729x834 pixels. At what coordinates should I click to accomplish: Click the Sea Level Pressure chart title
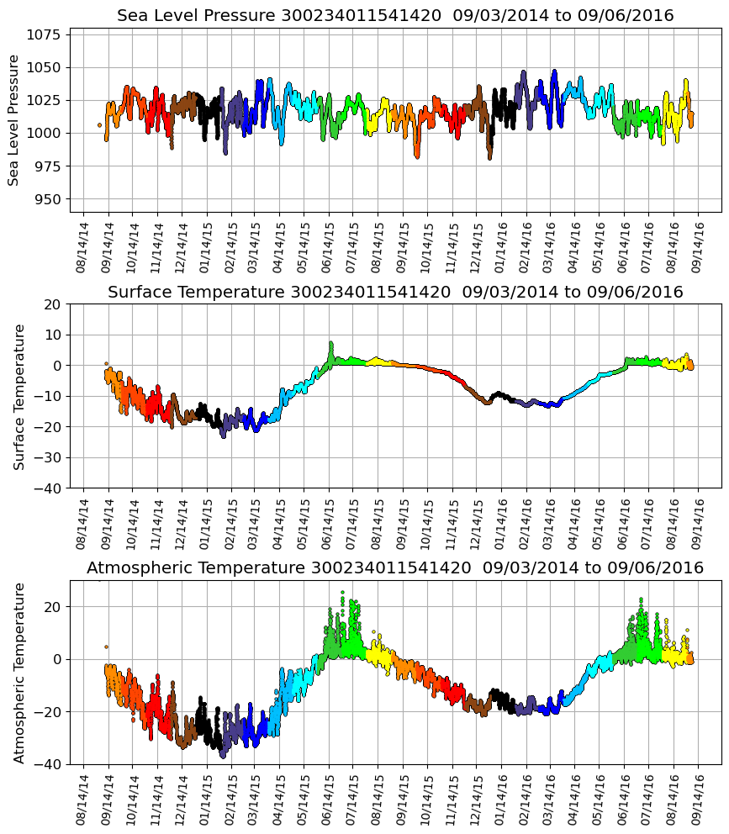(x=395, y=15)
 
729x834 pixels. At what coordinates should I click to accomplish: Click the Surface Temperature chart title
(x=395, y=292)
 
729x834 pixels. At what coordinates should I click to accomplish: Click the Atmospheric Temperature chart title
(x=395, y=568)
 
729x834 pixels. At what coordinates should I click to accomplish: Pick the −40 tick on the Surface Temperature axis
(x=50, y=488)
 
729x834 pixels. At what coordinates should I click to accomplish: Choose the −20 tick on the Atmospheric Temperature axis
(x=50, y=712)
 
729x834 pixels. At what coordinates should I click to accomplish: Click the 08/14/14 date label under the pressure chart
(x=82, y=245)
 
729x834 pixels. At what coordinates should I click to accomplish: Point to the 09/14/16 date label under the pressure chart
(x=700, y=245)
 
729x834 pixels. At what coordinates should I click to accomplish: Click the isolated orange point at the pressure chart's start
(x=99, y=125)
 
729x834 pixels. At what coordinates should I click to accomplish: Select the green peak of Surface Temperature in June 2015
(x=331, y=344)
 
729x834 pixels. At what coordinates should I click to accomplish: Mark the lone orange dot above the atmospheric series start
(x=106, y=647)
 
